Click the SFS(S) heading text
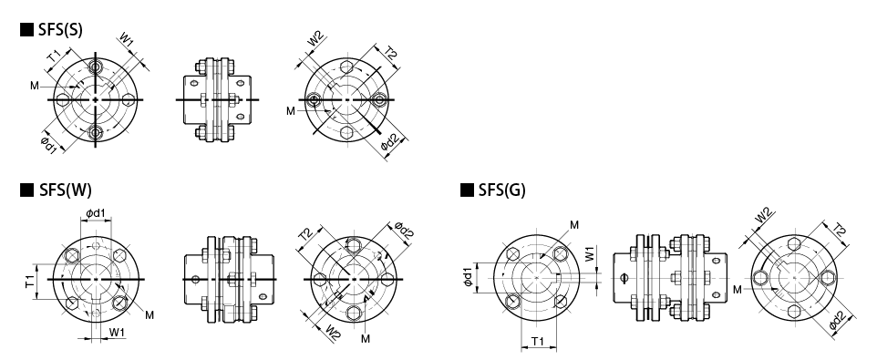click(x=60, y=30)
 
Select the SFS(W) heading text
click(x=65, y=190)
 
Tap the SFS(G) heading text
click(x=501, y=190)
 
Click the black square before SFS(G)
click(x=467, y=190)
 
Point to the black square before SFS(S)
click(x=26, y=30)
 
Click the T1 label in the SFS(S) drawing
click(x=54, y=56)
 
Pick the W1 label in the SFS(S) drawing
click(x=127, y=40)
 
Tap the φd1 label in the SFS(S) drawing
click(x=49, y=145)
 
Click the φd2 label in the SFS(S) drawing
click(x=390, y=144)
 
